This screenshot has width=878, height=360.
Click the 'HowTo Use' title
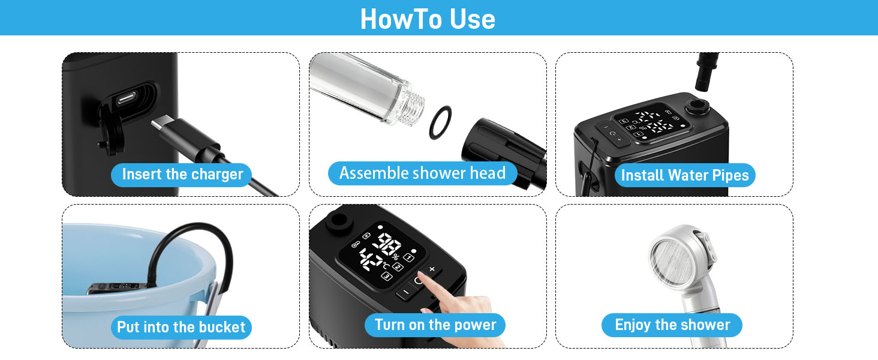point(428,19)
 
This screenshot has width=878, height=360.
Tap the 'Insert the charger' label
point(182,175)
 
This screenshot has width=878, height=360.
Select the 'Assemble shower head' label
point(423,173)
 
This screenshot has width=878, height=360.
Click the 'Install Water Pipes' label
point(685,175)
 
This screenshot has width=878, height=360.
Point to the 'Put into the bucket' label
point(181,327)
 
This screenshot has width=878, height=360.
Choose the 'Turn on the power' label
point(435,325)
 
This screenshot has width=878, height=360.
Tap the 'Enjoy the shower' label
point(672,325)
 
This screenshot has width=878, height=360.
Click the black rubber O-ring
point(440,122)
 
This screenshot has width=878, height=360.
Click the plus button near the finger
point(432,269)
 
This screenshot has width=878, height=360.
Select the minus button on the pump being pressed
point(406,292)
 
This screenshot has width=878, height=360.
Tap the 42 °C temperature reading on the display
point(373,260)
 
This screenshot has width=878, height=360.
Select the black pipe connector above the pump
point(706,71)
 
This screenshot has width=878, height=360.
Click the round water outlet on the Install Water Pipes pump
point(697,107)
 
